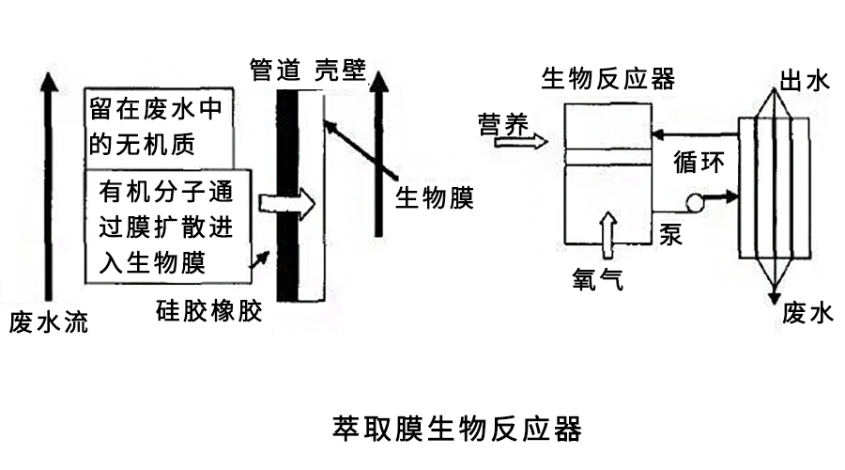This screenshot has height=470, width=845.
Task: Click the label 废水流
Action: pyautogui.click(x=49, y=323)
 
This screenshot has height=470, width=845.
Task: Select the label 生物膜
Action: pyautogui.click(x=433, y=198)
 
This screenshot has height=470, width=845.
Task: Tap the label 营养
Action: pyautogui.click(x=503, y=124)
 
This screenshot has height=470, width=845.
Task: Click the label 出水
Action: pyautogui.click(x=806, y=82)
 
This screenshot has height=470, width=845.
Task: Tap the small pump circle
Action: pyautogui.click(x=697, y=200)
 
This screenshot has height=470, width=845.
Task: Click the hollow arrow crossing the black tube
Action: pyautogui.click(x=287, y=201)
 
